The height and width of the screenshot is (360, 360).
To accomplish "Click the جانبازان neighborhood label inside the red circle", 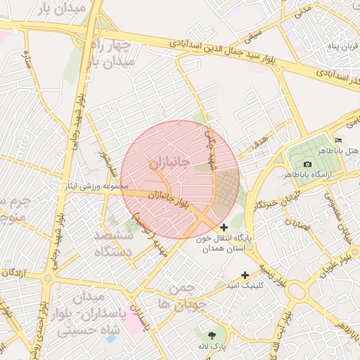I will click(169, 164).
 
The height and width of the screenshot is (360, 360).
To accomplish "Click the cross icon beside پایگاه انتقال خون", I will click(224, 227).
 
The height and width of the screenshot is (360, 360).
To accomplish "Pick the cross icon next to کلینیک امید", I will click(245, 275).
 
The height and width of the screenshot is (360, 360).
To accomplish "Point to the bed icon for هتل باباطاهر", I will click(338, 140).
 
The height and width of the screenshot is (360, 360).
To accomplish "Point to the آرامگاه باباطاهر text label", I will click(309, 173).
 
